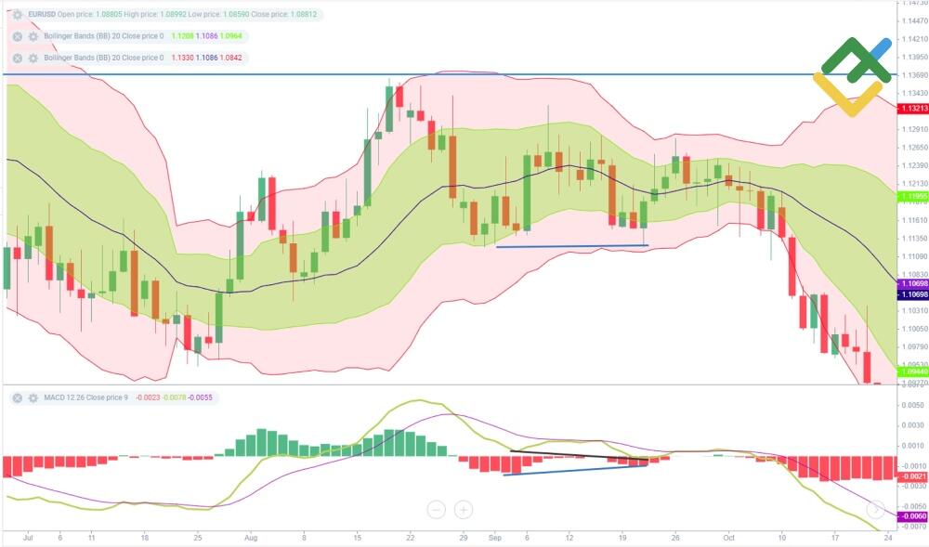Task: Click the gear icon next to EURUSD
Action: tap(17, 16)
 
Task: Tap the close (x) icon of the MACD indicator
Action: tap(17, 397)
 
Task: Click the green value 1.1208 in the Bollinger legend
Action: tap(187, 36)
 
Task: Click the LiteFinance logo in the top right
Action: tap(853, 76)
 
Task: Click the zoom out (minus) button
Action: tap(437, 509)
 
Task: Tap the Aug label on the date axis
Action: tap(250, 537)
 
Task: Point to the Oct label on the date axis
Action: tap(729, 537)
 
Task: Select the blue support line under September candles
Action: tap(571, 246)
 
